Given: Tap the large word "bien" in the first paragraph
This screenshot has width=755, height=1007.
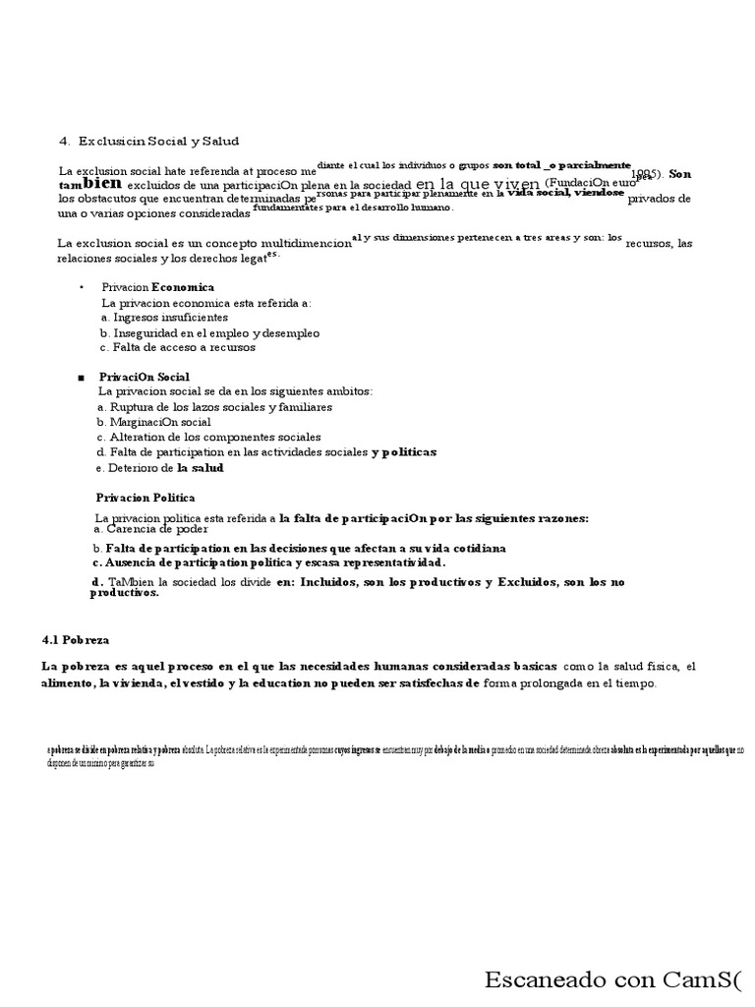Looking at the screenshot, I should coord(104,183).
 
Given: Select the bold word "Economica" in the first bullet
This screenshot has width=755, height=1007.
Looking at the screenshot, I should coord(182,287).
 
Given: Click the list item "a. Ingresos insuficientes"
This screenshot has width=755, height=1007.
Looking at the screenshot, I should coord(164,318).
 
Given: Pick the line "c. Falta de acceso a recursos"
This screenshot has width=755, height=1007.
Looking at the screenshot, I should coord(177,347).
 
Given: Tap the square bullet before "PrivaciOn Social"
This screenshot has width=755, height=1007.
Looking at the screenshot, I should coord(80,378).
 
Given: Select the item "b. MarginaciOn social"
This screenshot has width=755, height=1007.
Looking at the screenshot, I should coord(154,422).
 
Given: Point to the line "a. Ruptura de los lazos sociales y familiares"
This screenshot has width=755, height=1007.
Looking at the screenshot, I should coord(214,406).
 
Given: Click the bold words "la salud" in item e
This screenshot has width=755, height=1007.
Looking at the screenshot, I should coord(201,468).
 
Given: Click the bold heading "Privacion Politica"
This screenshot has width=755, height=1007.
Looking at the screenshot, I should coord(145,498).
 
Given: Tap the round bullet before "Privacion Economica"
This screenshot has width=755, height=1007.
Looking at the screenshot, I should coord(82,287).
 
